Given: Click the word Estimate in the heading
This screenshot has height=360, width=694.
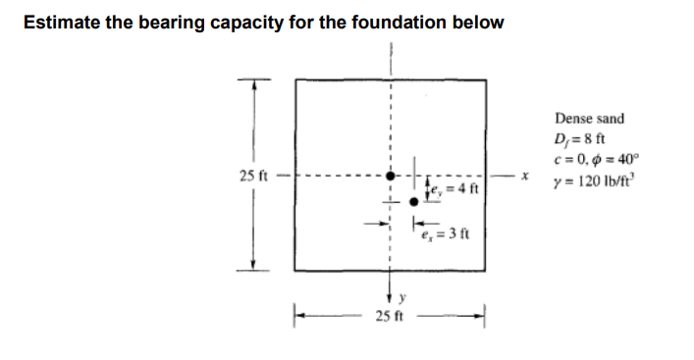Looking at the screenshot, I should coord(62,23).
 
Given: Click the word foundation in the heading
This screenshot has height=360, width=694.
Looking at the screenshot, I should coord(390,23).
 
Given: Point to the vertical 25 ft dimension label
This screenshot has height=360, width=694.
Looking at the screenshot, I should coord(253,176).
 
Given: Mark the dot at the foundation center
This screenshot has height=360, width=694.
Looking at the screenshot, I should coord(391,176).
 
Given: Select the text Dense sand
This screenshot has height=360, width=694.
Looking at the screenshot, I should coord(589,119).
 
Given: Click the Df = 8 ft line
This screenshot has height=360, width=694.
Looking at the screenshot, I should coord(582,138).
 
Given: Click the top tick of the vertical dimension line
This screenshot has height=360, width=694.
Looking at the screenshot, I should coord(254,80).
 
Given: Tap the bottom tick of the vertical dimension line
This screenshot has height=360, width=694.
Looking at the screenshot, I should coord(254,270).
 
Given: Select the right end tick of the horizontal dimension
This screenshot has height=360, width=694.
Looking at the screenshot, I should coord(485,314).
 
